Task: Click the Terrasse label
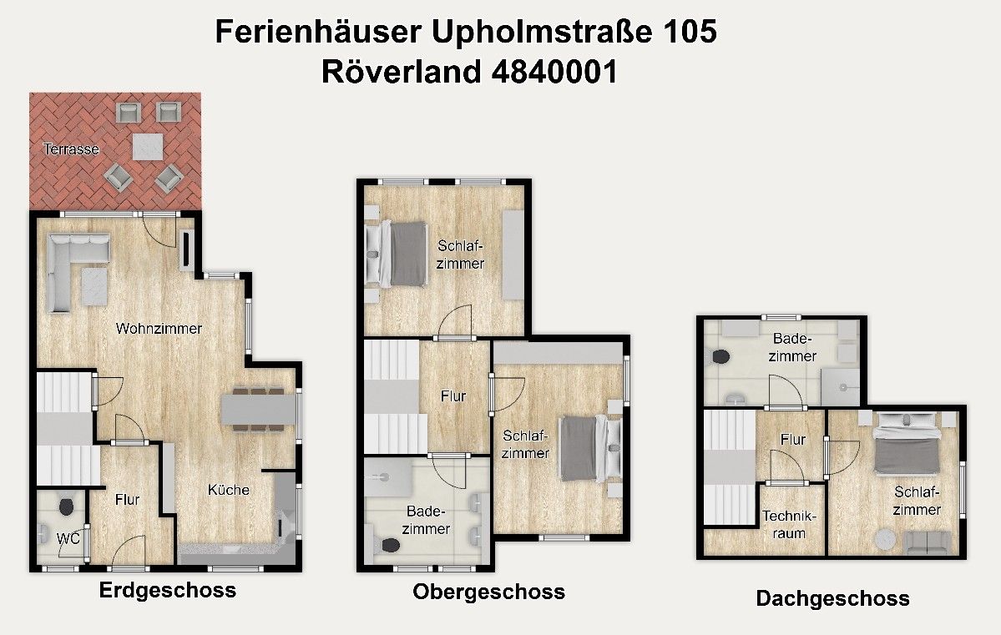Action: pyautogui.click(x=71, y=149)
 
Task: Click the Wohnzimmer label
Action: pyautogui.click(x=159, y=328)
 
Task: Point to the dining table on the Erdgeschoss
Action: pyautogui.click(x=259, y=409)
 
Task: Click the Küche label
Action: pyautogui.click(x=229, y=490)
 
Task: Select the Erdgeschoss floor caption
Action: pyautogui.click(x=167, y=591)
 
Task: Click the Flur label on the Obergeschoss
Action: pyautogui.click(x=453, y=396)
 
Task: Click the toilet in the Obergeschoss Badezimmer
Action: pyautogui.click(x=390, y=545)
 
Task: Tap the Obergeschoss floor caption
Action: pyautogui.click(x=488, y=592)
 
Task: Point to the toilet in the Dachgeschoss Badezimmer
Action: pyautogui.click(x=720, y=357)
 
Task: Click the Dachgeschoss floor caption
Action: pyautogui.click(x=832, y=598)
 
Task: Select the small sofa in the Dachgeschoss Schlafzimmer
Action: pyautogui.click(x=927, y=542)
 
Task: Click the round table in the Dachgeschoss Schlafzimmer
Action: pyautogui.click(x=884, y=540)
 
